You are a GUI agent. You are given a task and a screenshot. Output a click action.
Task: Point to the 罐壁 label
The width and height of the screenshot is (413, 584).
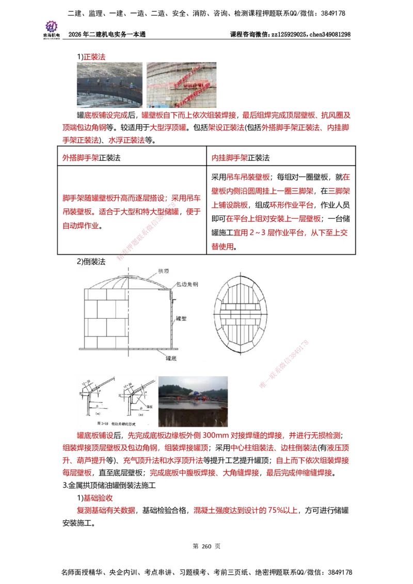coord(180,319)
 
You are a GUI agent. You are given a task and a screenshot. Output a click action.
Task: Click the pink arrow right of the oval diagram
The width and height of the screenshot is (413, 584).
coord(284,364)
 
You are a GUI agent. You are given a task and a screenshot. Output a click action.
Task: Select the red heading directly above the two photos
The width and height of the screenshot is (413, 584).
coord(95,56)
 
